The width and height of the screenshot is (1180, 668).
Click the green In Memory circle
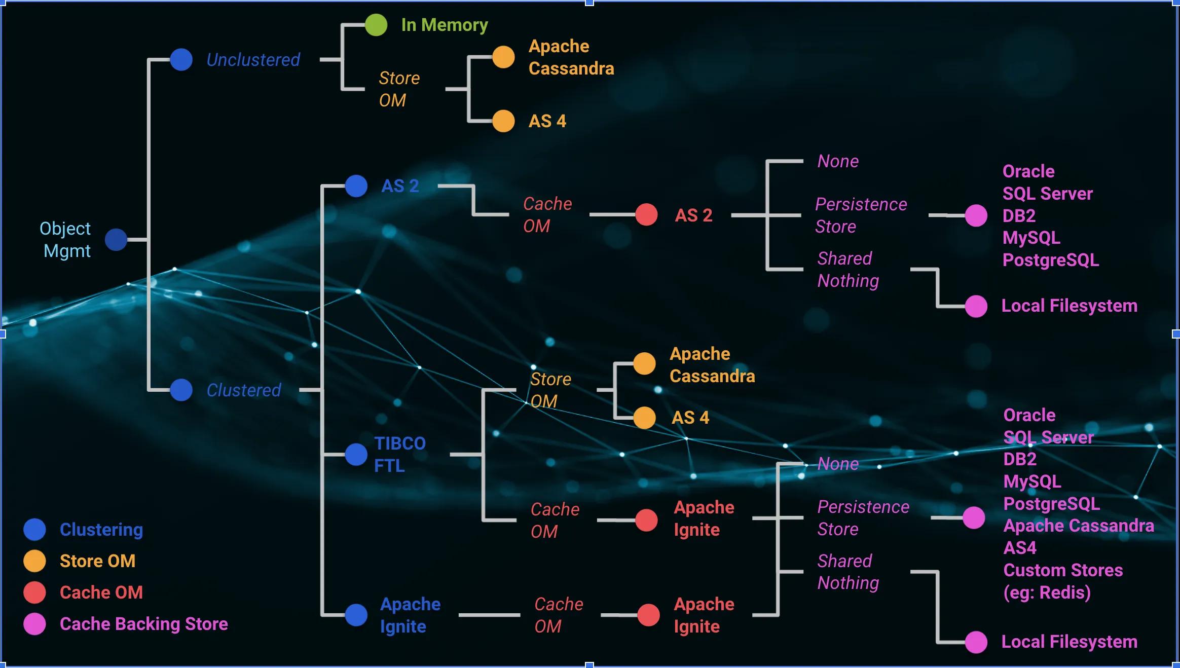[376, 25]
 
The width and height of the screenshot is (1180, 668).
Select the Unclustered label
[253, 60]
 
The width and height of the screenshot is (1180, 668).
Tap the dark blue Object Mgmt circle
[116, 240]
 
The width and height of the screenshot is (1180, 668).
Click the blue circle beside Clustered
[181, 390]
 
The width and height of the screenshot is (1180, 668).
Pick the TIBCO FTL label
[399, 454]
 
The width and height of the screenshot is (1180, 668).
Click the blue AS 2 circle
[356, 186]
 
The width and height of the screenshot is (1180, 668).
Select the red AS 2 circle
[646, 215]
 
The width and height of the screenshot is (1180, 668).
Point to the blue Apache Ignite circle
[356, 615]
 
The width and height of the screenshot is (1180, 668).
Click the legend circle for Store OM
[34, 561]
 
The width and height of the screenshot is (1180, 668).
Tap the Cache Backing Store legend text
[143, 624]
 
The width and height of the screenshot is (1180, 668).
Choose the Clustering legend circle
[34, 530]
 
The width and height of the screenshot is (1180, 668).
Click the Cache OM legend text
[101, 592]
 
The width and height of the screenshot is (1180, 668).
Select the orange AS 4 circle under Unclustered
[503, 121]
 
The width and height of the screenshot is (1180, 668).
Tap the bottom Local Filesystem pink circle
[976, 642]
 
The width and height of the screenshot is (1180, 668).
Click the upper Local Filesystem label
[1069, 306]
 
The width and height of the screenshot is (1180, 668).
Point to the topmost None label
[838, 161]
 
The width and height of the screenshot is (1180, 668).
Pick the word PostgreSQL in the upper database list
[1050, 260]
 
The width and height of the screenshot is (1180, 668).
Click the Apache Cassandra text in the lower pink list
[1078, 526]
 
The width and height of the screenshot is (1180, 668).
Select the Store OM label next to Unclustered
[399, 89]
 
